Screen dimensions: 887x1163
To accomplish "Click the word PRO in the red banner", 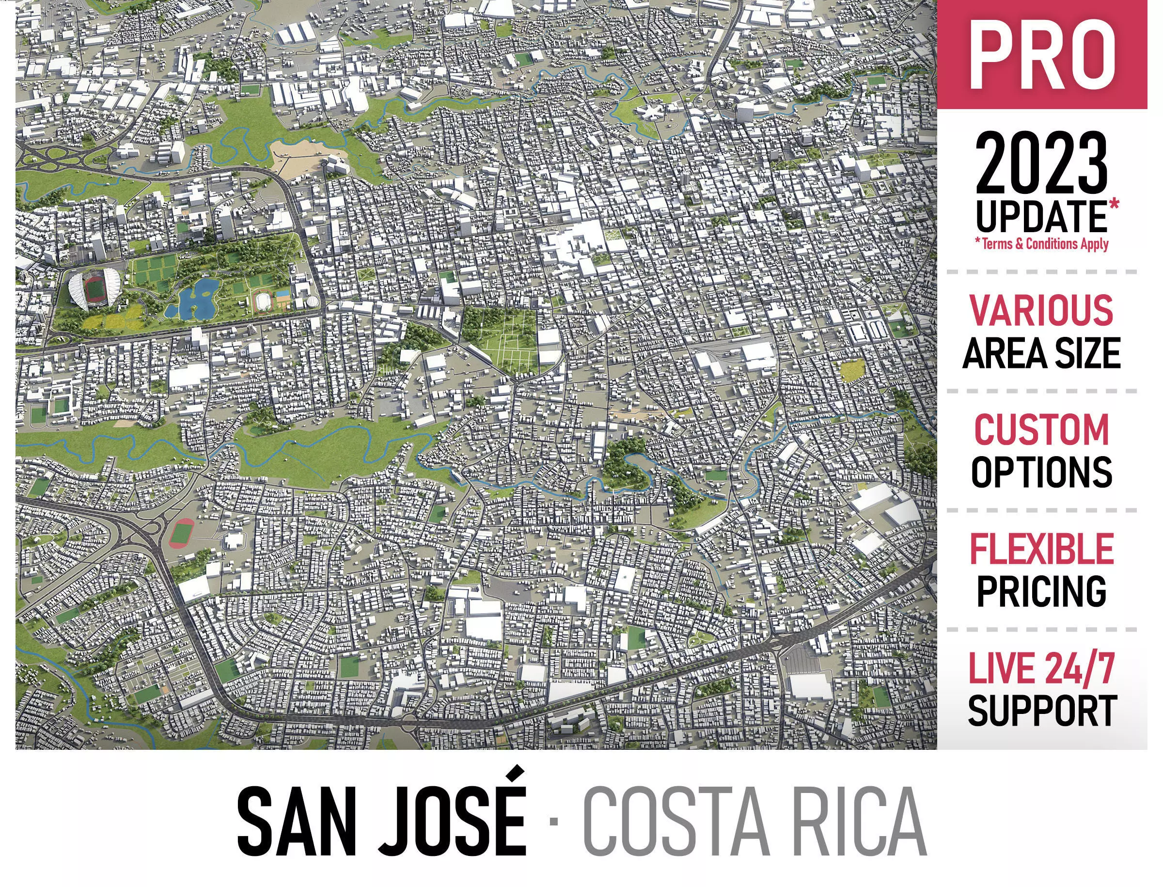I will (x=1041, y=55).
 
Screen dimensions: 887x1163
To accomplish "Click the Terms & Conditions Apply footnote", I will (x=1041, y=244).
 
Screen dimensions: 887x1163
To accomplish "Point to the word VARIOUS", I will (x=1041, y=310).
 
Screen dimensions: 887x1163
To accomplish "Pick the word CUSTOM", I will (x=1041, y=430).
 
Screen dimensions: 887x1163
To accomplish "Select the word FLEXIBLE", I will (x=1041, y=549).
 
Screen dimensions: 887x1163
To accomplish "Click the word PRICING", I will (x=1041, y=591).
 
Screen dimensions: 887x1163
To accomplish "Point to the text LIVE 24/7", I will (x=1041, y=668).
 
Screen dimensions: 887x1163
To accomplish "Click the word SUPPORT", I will (x=1041, y=711).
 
